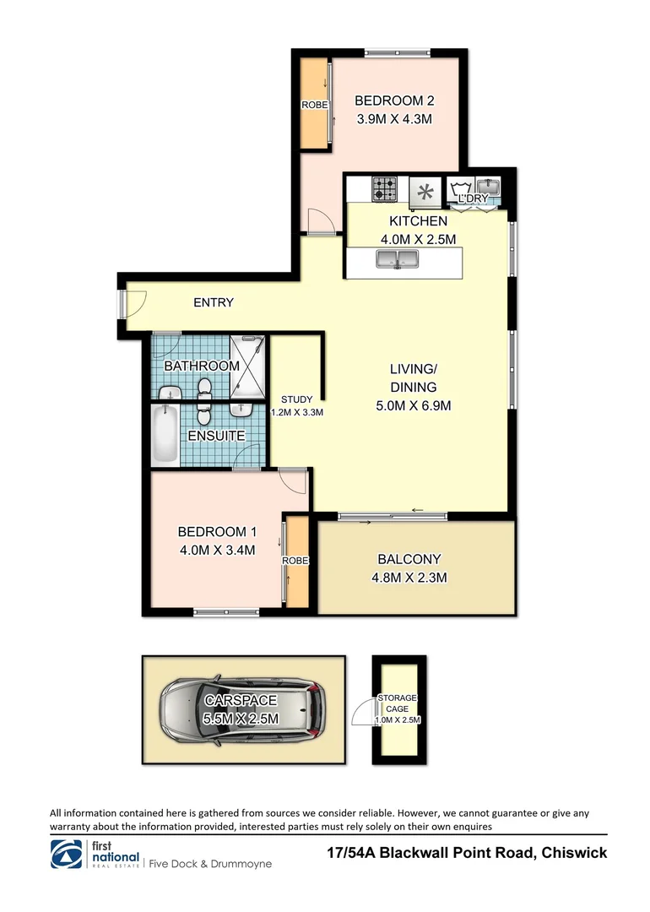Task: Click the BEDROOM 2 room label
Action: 394,100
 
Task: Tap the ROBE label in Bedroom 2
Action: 315,105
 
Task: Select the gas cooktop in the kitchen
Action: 386,189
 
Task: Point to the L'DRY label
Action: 473,198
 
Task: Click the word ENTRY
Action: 214,302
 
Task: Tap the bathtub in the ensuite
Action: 165,436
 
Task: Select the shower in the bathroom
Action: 247,366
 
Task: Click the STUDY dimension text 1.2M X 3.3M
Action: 297,412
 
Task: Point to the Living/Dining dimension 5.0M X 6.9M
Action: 414,406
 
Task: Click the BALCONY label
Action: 409,559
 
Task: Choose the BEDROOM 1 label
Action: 217,532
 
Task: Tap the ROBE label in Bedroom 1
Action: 296,561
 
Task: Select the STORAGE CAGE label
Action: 397,703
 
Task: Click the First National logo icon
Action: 67,855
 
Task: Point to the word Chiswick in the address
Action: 573,853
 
